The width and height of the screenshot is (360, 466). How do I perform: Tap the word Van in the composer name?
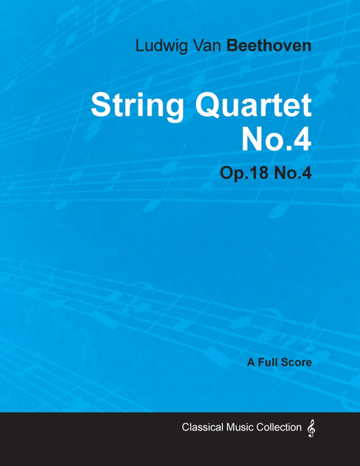pyautogui.click(x=208, y=45)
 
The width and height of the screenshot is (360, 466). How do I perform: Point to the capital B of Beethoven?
pyautogui.click(x=232, y=45)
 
